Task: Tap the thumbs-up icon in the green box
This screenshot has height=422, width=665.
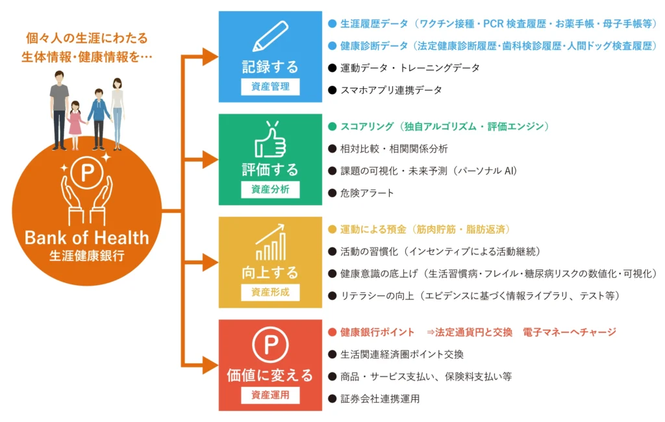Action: click(x=270, y=139)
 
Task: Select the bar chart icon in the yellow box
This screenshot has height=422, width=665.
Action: click(x=270, y=242)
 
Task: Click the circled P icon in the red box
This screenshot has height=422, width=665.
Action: click(x=270, y=345)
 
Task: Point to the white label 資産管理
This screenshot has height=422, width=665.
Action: click(x=270, y=86)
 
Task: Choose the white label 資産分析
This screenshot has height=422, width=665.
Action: click(x=270, y=190)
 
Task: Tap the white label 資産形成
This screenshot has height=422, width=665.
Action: click(x=270, y=292)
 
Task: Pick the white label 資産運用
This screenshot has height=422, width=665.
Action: click(x=270, y=395)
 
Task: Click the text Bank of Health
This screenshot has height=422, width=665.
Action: click(x=86, y=238)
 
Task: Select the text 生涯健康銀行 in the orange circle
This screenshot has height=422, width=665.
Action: click(x=86, y=255)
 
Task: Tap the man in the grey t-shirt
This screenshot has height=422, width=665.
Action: click(x=59, y=107)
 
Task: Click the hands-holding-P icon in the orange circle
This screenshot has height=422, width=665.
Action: click(x=86, y=188)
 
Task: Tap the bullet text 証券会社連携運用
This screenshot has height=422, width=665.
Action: click(x=380, y=399)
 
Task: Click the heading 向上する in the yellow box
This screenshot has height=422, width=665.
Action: click(x=270, y=272)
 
